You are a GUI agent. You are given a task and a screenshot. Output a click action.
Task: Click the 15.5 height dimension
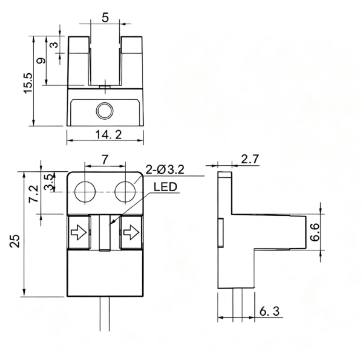click(28, 83)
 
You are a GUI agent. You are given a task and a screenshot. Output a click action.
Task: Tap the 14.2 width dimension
click(108, 134)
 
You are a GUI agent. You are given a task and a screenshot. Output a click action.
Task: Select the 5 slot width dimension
click(105, 18)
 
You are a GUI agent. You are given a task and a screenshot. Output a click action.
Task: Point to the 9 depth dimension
click(41, 61)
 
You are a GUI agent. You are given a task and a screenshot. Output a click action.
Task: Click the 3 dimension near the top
click(54, 44)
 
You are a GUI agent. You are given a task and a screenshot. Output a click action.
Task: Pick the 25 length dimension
click(15, 241)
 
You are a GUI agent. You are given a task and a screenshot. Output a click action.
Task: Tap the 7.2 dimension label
click(33, 194)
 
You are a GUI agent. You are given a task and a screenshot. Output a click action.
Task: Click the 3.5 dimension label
click(48, 182)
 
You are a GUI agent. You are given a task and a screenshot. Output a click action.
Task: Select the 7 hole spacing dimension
click(105, 159)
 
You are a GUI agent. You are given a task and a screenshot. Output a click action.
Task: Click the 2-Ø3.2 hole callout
click(165, 169)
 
